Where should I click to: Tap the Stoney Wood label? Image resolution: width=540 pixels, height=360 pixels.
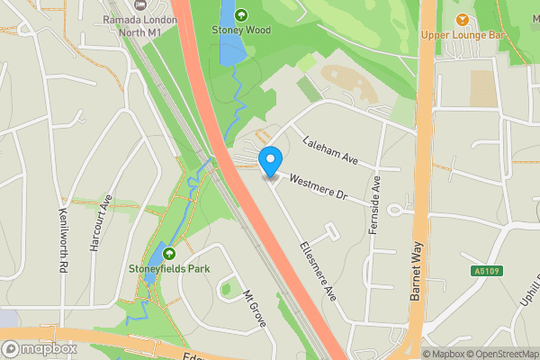coord(240,30)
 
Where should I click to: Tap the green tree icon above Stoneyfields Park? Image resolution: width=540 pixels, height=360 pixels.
coord(168,251)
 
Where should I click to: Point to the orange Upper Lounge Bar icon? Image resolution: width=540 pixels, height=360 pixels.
coord(463,20)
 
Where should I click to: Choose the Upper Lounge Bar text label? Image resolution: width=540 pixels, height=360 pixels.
coord(463,36)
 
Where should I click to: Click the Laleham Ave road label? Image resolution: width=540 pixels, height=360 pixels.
coord(330,150)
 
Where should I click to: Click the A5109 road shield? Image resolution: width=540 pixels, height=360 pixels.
coord(484,271)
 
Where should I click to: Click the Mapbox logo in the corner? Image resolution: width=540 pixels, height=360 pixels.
coord(40,347)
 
